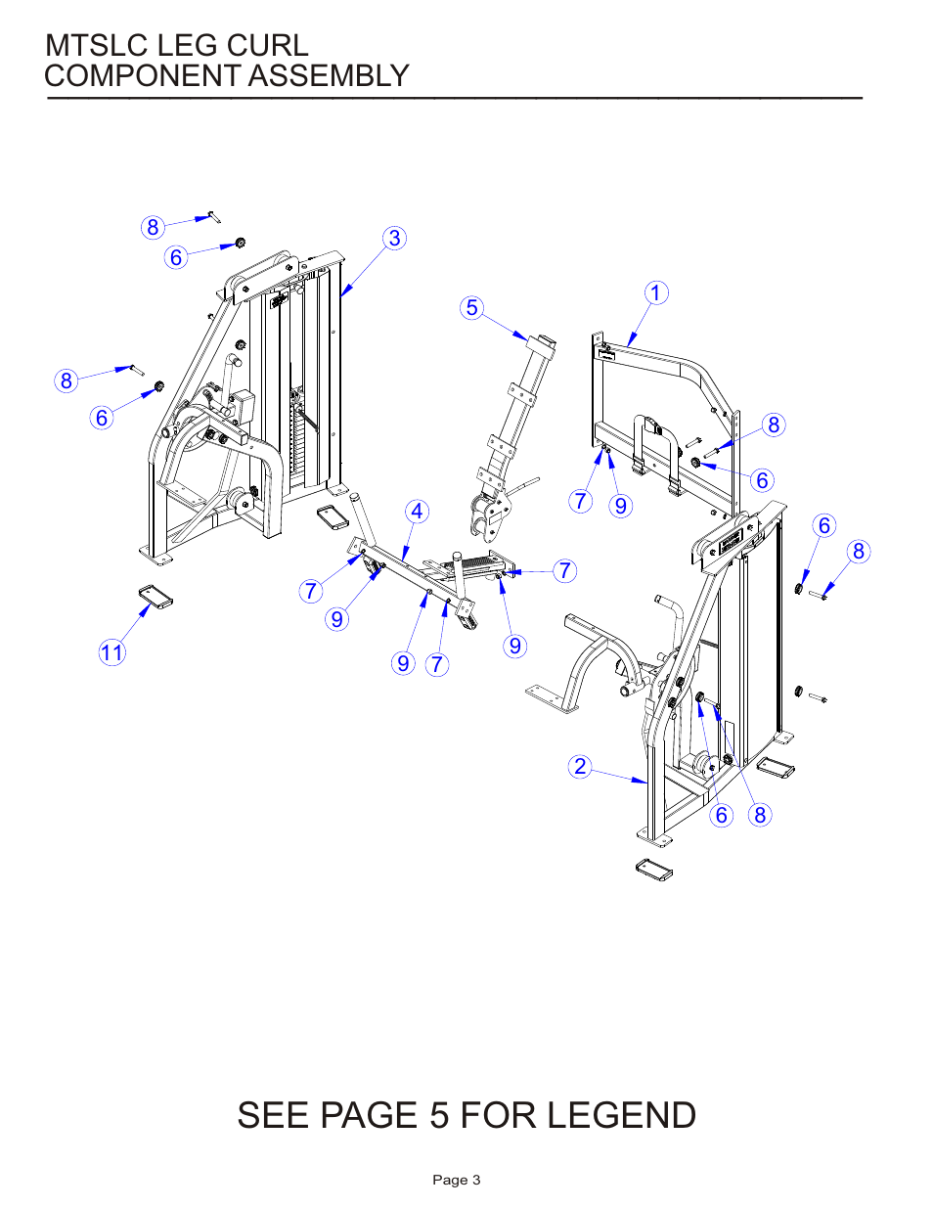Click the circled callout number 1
tap(656, 292)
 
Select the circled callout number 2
tap(580, 766)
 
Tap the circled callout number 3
tap(394, 239)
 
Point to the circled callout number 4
tap(418, 512)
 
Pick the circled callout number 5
tap(472, 308)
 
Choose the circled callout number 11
tap(112, 652)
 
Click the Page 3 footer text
tap(457, 1180)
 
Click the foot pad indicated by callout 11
tap(155, 597)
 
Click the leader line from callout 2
tap(619, 776)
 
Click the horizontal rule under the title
tap(455, 98)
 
